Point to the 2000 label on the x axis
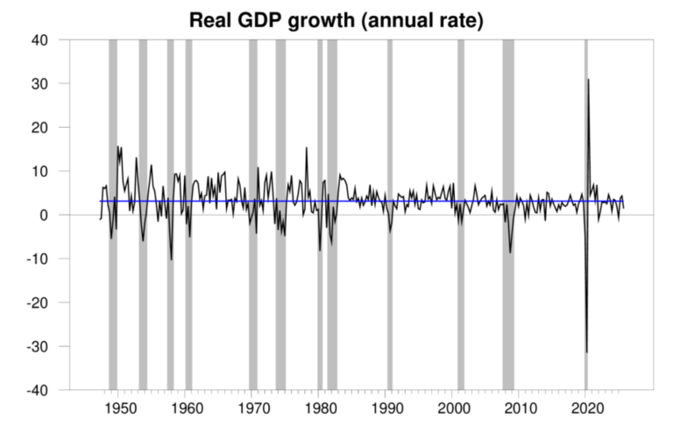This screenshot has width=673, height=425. [x=452, y=407]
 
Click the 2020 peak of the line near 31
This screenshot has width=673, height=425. [x=588, y=80]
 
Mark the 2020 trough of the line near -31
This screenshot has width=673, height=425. [x=586, y=352]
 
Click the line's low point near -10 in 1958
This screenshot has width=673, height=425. [x=172, y=259]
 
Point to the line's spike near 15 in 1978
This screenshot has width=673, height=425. [x=306, y=147]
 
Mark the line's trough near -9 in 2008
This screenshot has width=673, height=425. [x=510, y=252]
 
